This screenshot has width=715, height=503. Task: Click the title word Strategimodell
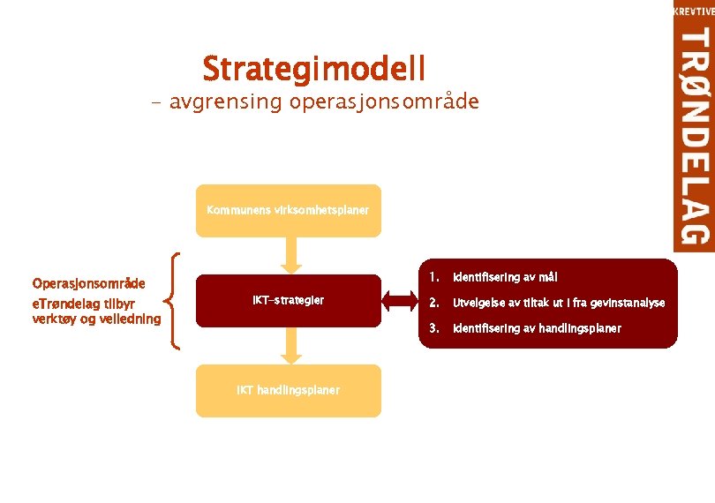pyautogui.click(x=313, y=68)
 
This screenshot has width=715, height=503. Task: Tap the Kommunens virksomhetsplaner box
pyautogui.click(x=288, y=211)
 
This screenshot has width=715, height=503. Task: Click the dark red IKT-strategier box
pyautogui.click(x=288, y=301)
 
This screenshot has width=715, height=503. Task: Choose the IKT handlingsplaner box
pyautogui.click(x=288, y=390)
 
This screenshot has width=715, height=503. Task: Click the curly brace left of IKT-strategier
pyautogui.click(x=176, y=301)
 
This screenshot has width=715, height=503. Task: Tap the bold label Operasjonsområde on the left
pyautogui.click(x=88, y=284)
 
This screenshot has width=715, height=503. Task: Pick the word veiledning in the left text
pyautogui.click(x=130, y=319)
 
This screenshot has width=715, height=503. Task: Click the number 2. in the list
pyautogui.click(x=433, y=303)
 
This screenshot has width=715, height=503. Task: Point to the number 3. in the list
pyautogui.click(x=433, y=328)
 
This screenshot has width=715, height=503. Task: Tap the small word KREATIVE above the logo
pyautogui.click(x=694, y=11)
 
